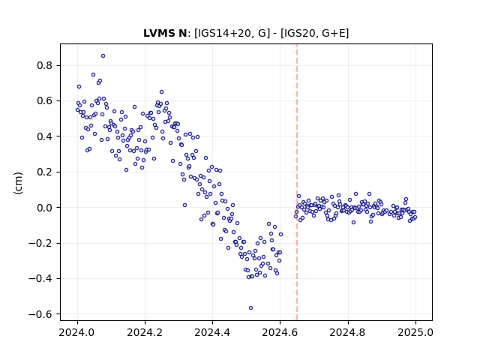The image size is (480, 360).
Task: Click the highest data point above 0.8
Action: point(103,56)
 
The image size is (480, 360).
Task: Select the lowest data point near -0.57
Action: point(250,308)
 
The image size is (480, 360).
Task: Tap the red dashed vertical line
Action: point(297,182)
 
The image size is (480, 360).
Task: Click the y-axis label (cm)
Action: point(18,183)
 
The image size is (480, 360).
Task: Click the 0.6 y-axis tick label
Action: point(45,101)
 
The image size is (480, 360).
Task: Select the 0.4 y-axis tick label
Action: point(45,136)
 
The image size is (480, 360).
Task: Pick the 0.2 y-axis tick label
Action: point(45,172)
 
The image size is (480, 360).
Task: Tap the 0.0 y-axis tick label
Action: point(45,208)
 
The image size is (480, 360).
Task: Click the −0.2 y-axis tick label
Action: point(41,243)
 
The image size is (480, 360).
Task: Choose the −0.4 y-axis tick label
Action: point(41,279)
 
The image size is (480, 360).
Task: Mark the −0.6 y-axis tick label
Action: point(41,314)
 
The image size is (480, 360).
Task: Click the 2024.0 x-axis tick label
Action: point(77,332)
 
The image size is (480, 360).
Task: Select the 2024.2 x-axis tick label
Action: point(145,332)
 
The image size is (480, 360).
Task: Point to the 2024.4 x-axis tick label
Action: point(212,332)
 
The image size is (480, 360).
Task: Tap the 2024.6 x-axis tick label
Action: point(280,332)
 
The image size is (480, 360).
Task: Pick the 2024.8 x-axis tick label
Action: point(347,332)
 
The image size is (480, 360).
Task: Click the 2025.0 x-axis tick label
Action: point(415,332)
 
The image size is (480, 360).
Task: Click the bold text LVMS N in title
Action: point(165,33)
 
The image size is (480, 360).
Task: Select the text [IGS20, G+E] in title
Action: point(314,33)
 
